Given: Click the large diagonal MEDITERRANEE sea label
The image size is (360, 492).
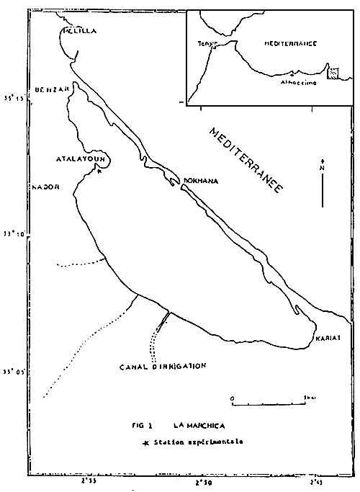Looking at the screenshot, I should pos(244,159).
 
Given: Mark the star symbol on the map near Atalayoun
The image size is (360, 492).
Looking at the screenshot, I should pos(99,172).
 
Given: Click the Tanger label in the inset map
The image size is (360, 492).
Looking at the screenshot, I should pos(207,44).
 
